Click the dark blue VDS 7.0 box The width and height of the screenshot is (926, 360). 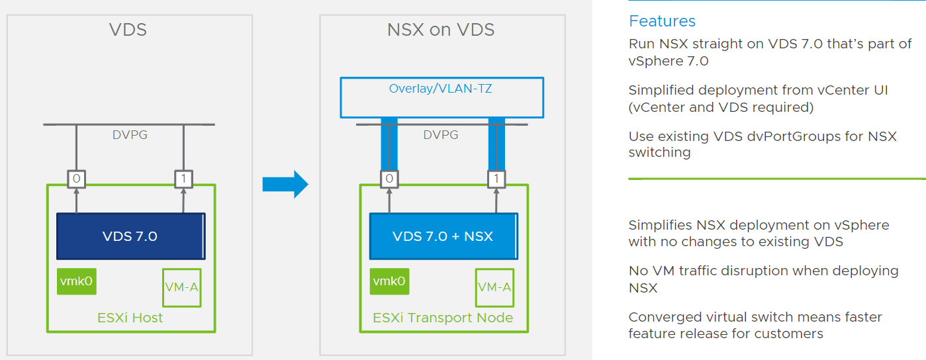pos(130,236)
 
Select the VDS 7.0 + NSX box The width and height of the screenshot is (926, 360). pos(443,236)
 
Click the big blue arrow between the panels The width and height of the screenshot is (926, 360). pos(285,184)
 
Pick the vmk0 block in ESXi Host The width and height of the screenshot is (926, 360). pos(76,281)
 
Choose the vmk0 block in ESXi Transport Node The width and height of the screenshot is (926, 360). pos(389,281)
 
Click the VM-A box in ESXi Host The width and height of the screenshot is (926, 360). pos(182,287)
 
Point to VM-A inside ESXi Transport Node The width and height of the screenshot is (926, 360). pos(494,287)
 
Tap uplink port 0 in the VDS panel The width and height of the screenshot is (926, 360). pos(76,178)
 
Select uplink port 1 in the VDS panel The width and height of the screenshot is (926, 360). pos(183,178)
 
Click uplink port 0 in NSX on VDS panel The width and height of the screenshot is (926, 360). pos(389,178)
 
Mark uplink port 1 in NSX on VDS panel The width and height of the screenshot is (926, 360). pos(496,178)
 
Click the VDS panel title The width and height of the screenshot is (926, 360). pos(128,30)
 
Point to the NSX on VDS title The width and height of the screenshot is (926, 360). pos(441,30)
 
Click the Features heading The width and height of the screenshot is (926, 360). pos(662,21)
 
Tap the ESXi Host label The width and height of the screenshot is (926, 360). pos(130,318)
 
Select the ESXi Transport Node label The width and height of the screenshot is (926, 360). pos(443,318)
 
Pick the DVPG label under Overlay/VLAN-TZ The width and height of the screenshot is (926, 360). pos(441,134)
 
